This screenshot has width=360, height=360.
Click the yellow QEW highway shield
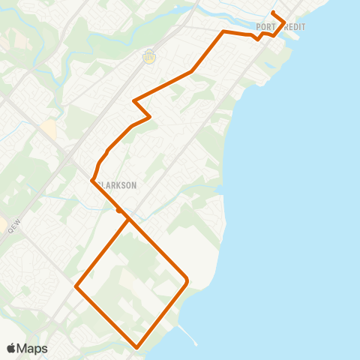coord(149,55)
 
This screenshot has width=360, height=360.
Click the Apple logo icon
coord(11,349)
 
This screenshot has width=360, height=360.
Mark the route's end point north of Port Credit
coord(272,13)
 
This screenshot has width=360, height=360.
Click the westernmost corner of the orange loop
coord(76,286)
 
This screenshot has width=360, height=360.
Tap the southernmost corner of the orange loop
coord(136,347)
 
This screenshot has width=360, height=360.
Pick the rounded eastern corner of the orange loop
coord(186,281)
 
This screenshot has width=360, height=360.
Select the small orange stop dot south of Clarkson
coord(119,211)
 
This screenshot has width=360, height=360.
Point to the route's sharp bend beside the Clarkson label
coord(92,180)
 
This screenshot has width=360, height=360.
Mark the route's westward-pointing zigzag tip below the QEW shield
coord(133,100)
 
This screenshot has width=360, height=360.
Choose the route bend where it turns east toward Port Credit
coord(223,31)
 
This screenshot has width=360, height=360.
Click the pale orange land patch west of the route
coord(49,129)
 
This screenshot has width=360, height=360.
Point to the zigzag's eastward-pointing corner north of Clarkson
coord(151,116)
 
